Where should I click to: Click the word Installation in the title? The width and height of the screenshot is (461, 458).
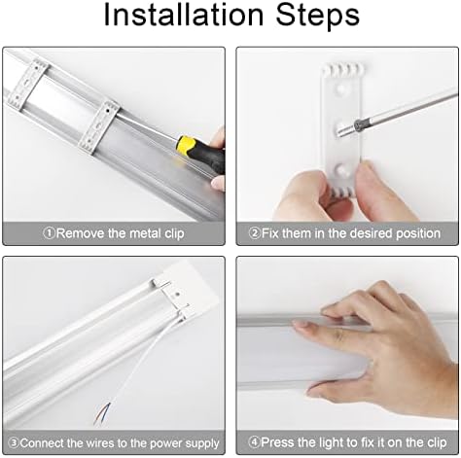click(184, 15)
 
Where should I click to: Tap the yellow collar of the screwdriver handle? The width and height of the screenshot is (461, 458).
click(184, 144)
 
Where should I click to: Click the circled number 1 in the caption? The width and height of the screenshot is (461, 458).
click(50, 233)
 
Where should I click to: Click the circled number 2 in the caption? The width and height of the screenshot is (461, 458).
click(255, 233)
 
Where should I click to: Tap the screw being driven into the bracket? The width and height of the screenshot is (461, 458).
click(358, 125)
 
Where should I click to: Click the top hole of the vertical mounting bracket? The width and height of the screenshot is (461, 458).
click(340, 88)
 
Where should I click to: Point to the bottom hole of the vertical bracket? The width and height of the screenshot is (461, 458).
click(341, 169)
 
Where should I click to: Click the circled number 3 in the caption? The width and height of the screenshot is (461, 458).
click(14, 442)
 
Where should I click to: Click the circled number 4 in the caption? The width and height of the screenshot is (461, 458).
click(255, 442)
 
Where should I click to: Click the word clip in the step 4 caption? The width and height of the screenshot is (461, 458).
click(436, 442)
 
